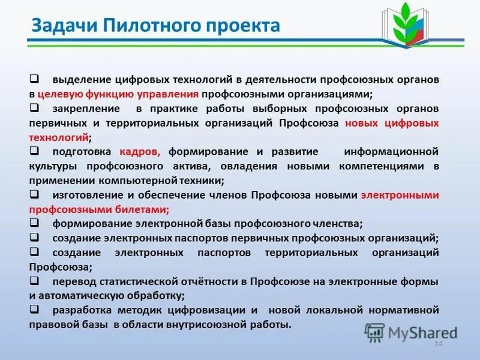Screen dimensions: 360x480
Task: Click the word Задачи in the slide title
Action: pos(64,26)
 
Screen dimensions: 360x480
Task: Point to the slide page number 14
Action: pos(437,343)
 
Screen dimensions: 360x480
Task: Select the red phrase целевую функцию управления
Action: pos(118,94)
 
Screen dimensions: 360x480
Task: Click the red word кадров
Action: pos(139,152)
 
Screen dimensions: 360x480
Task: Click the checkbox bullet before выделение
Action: pos(34,79)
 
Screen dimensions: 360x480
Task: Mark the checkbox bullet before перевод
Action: pos(34,281)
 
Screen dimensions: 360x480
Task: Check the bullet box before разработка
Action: pos(34,310)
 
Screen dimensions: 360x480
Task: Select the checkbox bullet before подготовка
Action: pos(34,151)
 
